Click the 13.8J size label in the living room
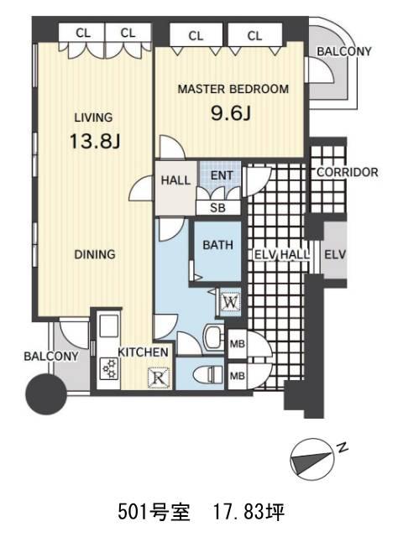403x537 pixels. [95, 141]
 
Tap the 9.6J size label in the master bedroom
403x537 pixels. [231, 113]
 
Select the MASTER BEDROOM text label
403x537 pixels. [233, 89]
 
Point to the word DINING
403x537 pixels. [95, 254]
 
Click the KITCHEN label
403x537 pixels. [144, 352]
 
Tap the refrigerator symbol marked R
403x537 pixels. [159, 378]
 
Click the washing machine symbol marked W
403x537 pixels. [231, 302]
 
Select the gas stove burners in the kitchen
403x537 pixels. [109, 368]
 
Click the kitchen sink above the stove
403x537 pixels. [108, 326]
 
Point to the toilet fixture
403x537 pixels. [207, 374]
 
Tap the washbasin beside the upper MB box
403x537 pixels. [213, 336]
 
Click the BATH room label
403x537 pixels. [218, 245]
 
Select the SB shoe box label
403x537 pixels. [218, 208]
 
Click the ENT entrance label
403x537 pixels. [222, 175]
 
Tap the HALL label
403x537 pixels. [175, 180]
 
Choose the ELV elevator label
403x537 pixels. [335, 255]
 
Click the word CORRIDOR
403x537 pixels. [348, 172]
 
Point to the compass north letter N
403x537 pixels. [342, 447]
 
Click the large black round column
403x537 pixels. [46, 394]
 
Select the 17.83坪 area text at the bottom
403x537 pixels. [249, 512]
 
